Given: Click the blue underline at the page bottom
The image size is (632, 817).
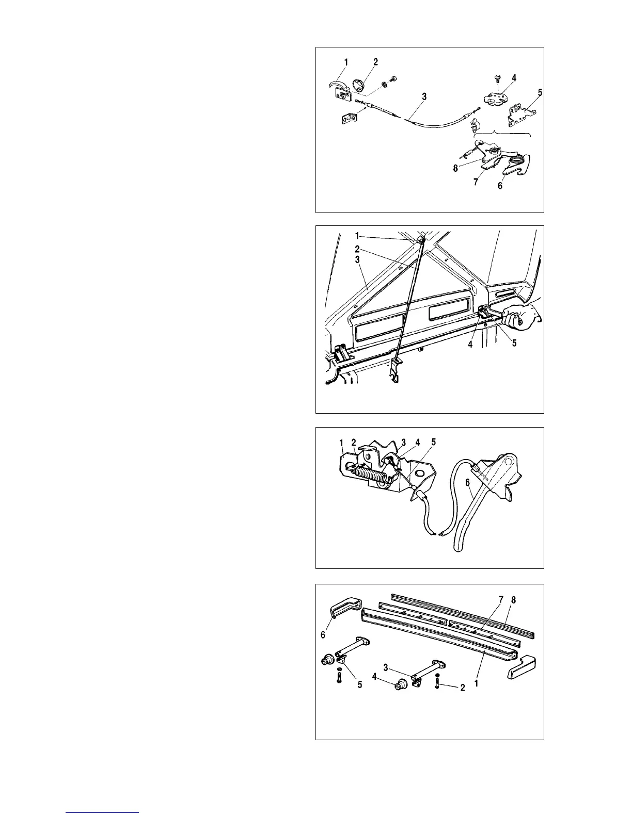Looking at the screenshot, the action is (103, 812).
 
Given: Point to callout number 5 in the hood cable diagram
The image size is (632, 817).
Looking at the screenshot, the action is (540, 93).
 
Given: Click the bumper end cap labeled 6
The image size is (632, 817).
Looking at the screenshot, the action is (343, 609).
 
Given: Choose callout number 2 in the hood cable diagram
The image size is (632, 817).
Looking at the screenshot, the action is (375, 62).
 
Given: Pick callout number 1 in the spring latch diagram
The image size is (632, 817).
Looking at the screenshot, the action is (341, 443).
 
